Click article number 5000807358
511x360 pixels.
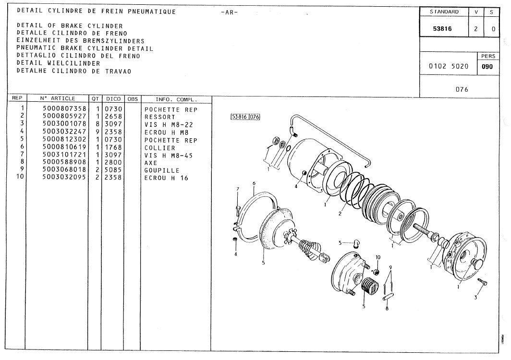coord(64,108)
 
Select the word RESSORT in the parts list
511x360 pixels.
coord(160,117)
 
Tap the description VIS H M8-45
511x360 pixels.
coord(169,156)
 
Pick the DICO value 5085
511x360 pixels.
coord(113,170)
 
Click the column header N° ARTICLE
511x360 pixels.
coord(58,98)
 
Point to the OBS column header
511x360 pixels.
coord(133,99)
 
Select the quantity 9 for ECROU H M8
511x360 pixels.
coord(97,132)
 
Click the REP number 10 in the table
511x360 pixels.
coord(20,177)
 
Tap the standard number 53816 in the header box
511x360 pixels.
coord(442,29)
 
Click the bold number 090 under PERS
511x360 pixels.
coord(487,67)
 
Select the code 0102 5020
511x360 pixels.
coord(449,66)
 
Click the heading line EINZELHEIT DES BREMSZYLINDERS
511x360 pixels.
coord(81,41)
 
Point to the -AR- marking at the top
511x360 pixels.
coord(229,12)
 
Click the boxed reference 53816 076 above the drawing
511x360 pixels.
coord(245,117)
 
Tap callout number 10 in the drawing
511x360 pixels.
coord(377,257)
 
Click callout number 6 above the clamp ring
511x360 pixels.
coord(254,183)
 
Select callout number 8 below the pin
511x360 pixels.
coord(387,308)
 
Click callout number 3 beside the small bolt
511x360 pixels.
coord(475,297)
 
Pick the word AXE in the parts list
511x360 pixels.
coord(151,163)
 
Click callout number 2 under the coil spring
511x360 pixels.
coord(340,214)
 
